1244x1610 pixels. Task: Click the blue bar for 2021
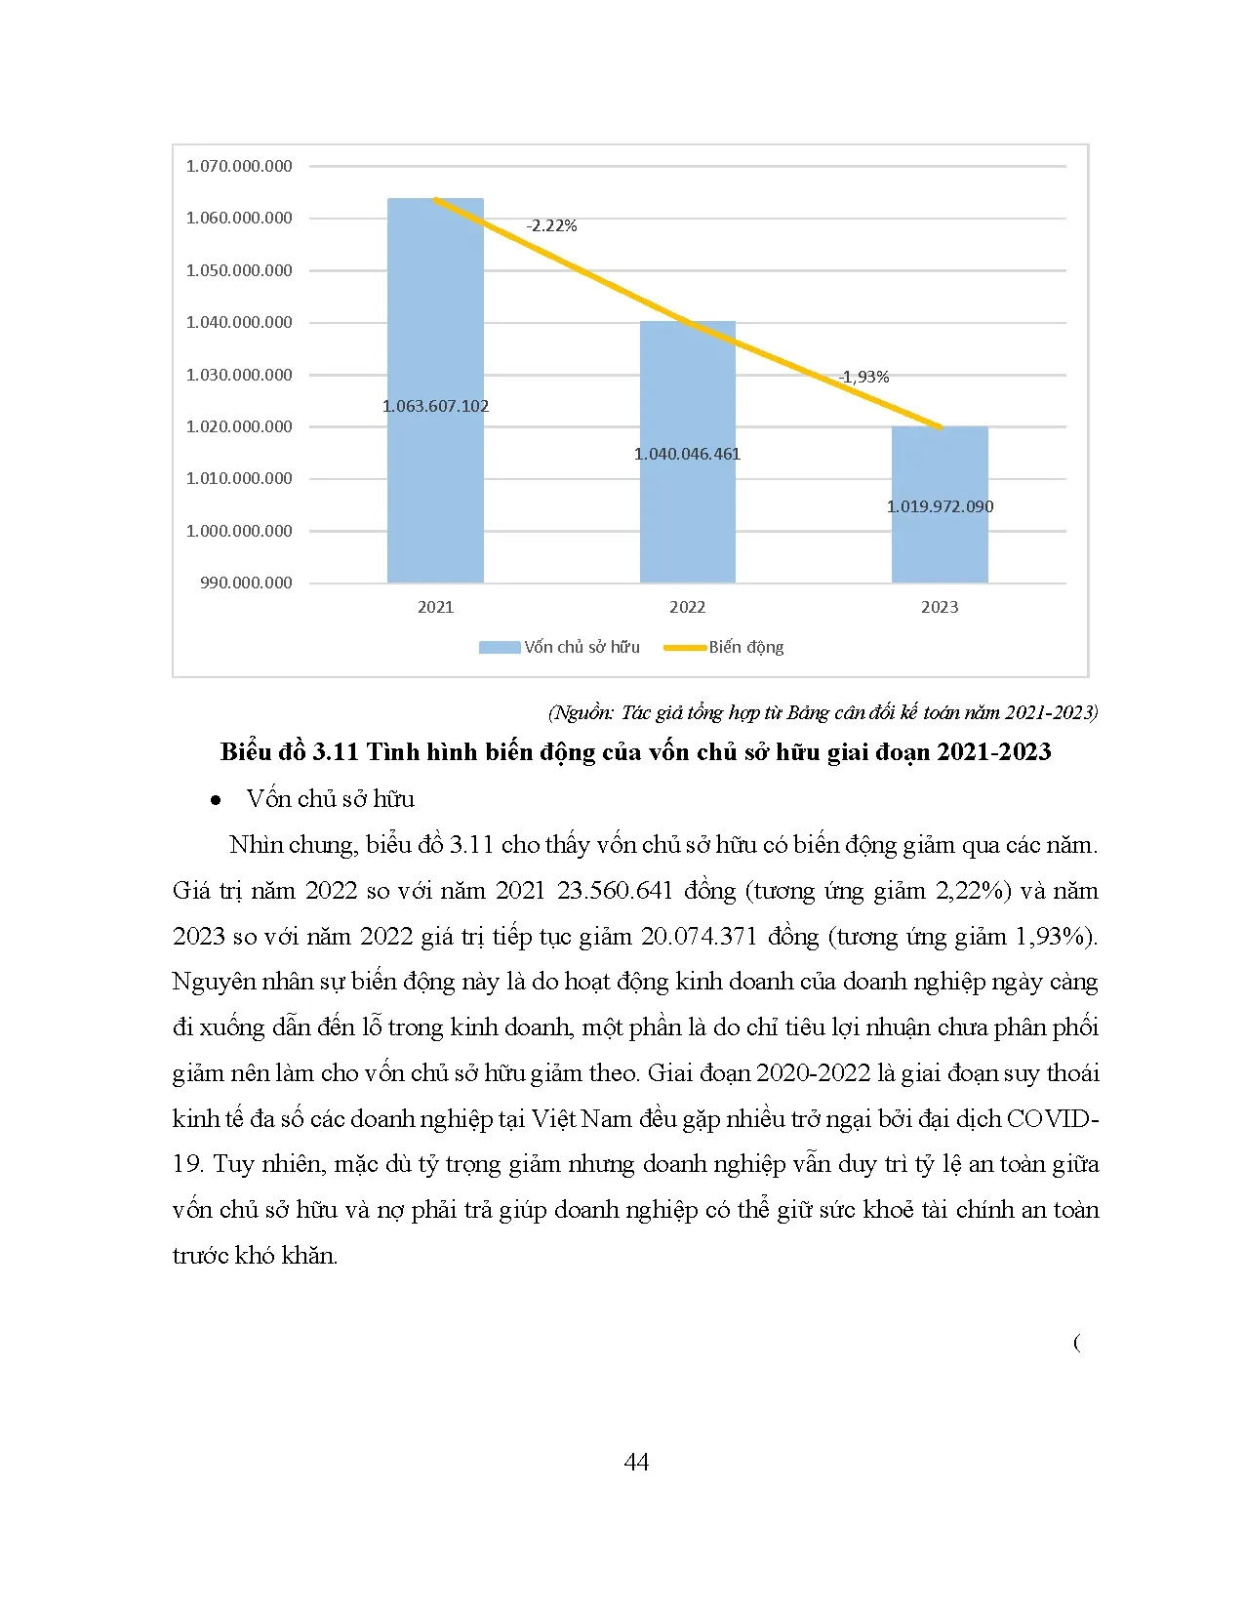pos(435,389)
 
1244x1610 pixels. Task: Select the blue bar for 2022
pos(688,451)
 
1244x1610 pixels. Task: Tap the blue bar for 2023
pos(940,503)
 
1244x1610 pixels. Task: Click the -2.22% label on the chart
pos(551,226)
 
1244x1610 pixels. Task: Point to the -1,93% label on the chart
pos(863,377)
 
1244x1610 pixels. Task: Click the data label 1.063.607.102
pos(436,406)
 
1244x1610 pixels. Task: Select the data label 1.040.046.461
pos(688,454)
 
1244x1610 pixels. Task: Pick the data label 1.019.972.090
pos(941,506)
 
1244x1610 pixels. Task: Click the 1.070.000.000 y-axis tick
pos(239,166)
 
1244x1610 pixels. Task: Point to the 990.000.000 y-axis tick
pos(246,583)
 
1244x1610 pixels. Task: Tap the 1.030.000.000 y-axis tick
pos(239,374)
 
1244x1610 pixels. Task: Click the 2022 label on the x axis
pos(688,607)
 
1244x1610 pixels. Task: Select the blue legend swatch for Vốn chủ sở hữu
pos(500,648)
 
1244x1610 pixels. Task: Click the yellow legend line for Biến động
pos(685,648)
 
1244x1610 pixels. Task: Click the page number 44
pos(636,1462)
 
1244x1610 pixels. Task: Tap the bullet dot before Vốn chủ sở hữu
pos(216,800)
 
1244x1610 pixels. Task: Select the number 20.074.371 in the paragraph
pos(699,937)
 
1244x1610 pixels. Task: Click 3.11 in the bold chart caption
pos(336,752)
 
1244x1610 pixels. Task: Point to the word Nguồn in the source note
pos(582,712)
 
